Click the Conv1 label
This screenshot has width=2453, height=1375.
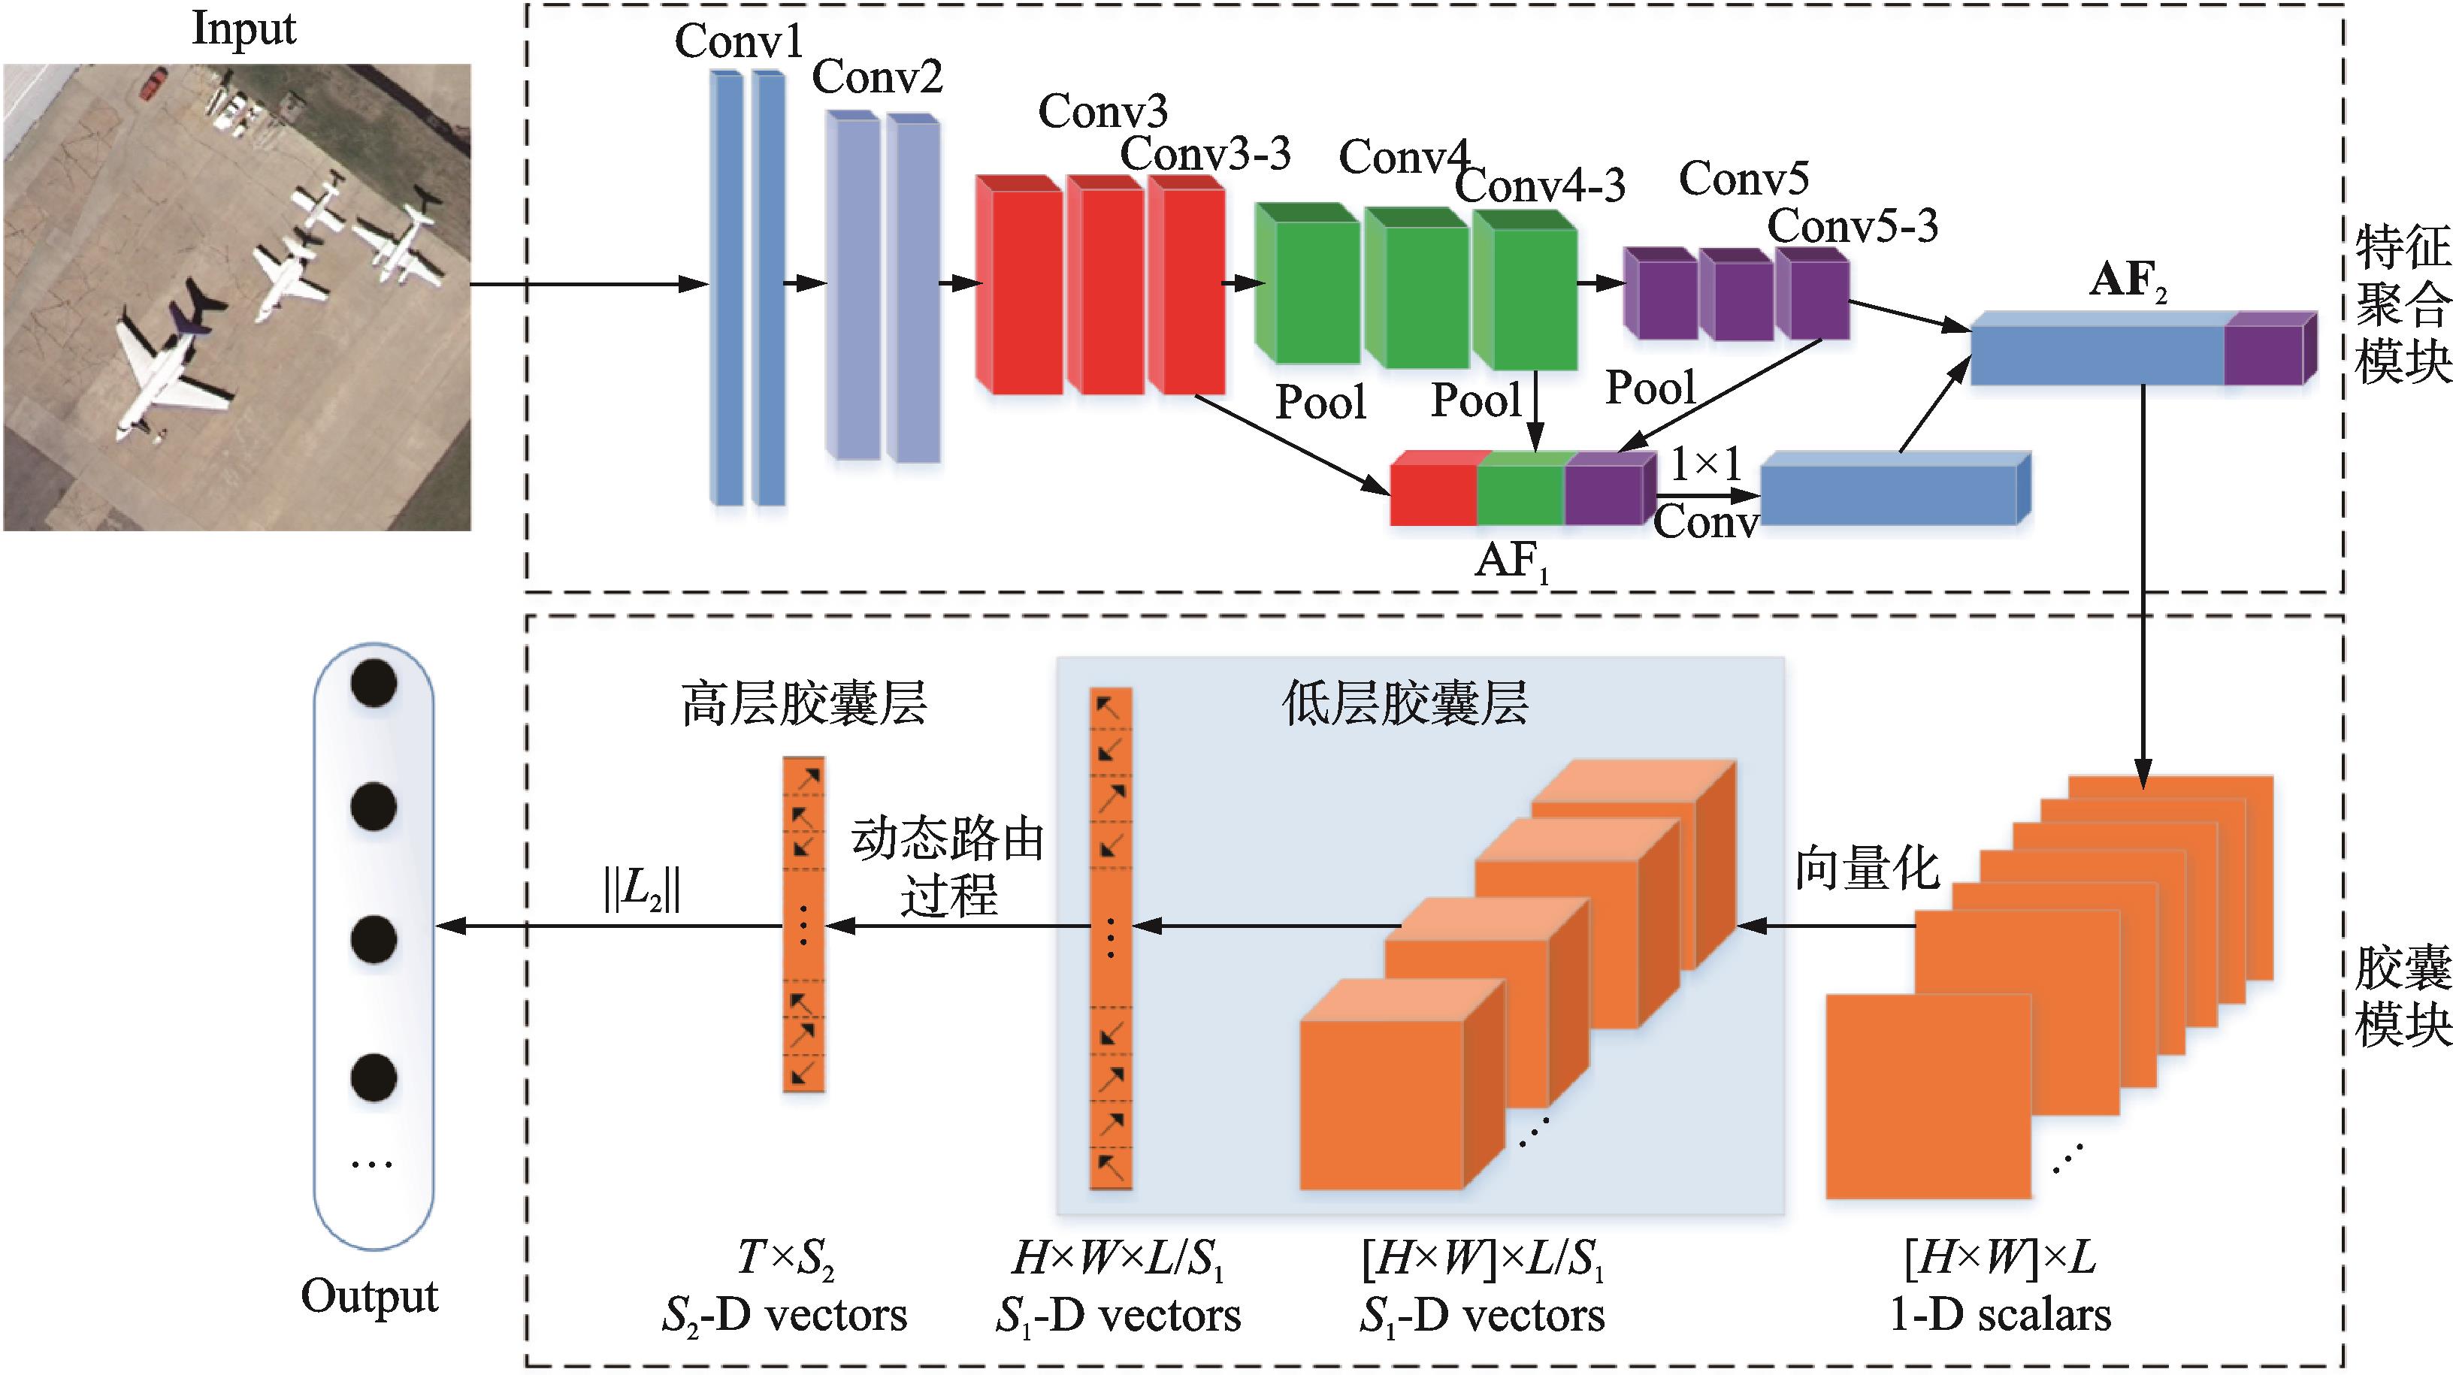(x=739, y=41)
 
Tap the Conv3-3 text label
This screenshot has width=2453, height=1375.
(x=1205, y=153)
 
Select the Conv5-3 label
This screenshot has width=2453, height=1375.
(x=1852, y=227)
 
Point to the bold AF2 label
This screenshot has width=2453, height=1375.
(x=2128, y=281)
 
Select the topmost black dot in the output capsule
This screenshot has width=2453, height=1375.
(x=374, y=683)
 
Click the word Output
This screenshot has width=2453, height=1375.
(x=370, y=1297)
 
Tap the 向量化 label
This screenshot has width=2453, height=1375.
(x=1866, y=869)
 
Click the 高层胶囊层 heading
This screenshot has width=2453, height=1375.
(x=803, y=704)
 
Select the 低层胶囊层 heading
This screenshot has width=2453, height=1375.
(x=1405, y=704)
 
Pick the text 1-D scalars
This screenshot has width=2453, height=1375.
(x=2000, y=1315)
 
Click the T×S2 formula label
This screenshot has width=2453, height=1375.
(x=785, y=1259)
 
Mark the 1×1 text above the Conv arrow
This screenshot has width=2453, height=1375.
(x=1705, y=464)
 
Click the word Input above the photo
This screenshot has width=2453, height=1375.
(x=243, y=29)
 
